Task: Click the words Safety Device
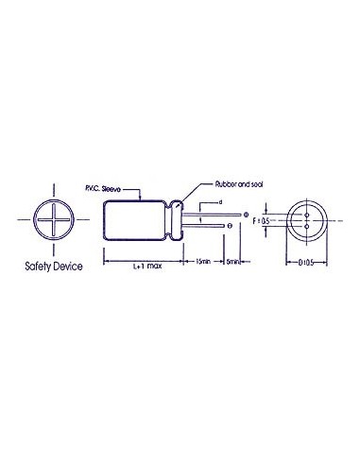click(53, 267)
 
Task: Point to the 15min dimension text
click(204, 263)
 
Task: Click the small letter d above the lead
click(219, 202)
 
